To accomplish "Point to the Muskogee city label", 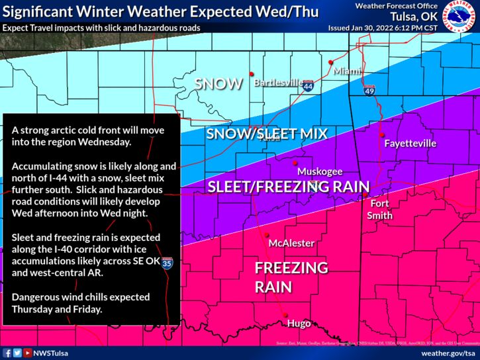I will click(x=320, y=171).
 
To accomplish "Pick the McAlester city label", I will click(x=291, y=243).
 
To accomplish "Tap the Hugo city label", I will click(x=298, y=324).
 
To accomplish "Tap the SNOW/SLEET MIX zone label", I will click(x=267, y=134).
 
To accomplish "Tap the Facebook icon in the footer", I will click(x=7, y=353).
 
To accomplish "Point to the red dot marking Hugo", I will click(x=287, y=315).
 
